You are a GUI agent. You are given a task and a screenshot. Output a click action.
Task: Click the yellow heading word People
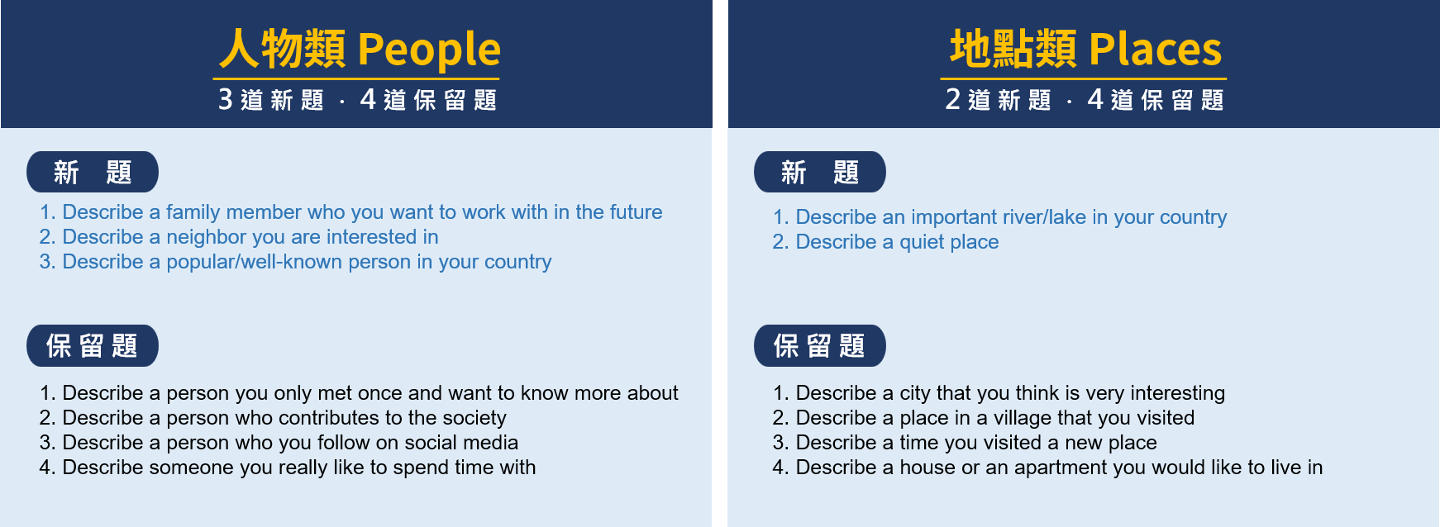429,50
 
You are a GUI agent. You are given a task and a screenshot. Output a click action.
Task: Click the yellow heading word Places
1155,49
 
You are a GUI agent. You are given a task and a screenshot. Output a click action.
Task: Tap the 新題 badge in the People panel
93,172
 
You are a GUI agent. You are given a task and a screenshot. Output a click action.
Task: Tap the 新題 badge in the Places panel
820,172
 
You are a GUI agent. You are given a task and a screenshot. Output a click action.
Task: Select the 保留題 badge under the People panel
93,345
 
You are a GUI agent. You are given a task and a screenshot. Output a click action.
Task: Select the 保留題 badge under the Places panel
820,345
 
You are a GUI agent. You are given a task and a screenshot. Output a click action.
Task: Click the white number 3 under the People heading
225,99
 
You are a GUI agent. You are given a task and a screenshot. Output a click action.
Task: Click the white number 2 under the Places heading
953,99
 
